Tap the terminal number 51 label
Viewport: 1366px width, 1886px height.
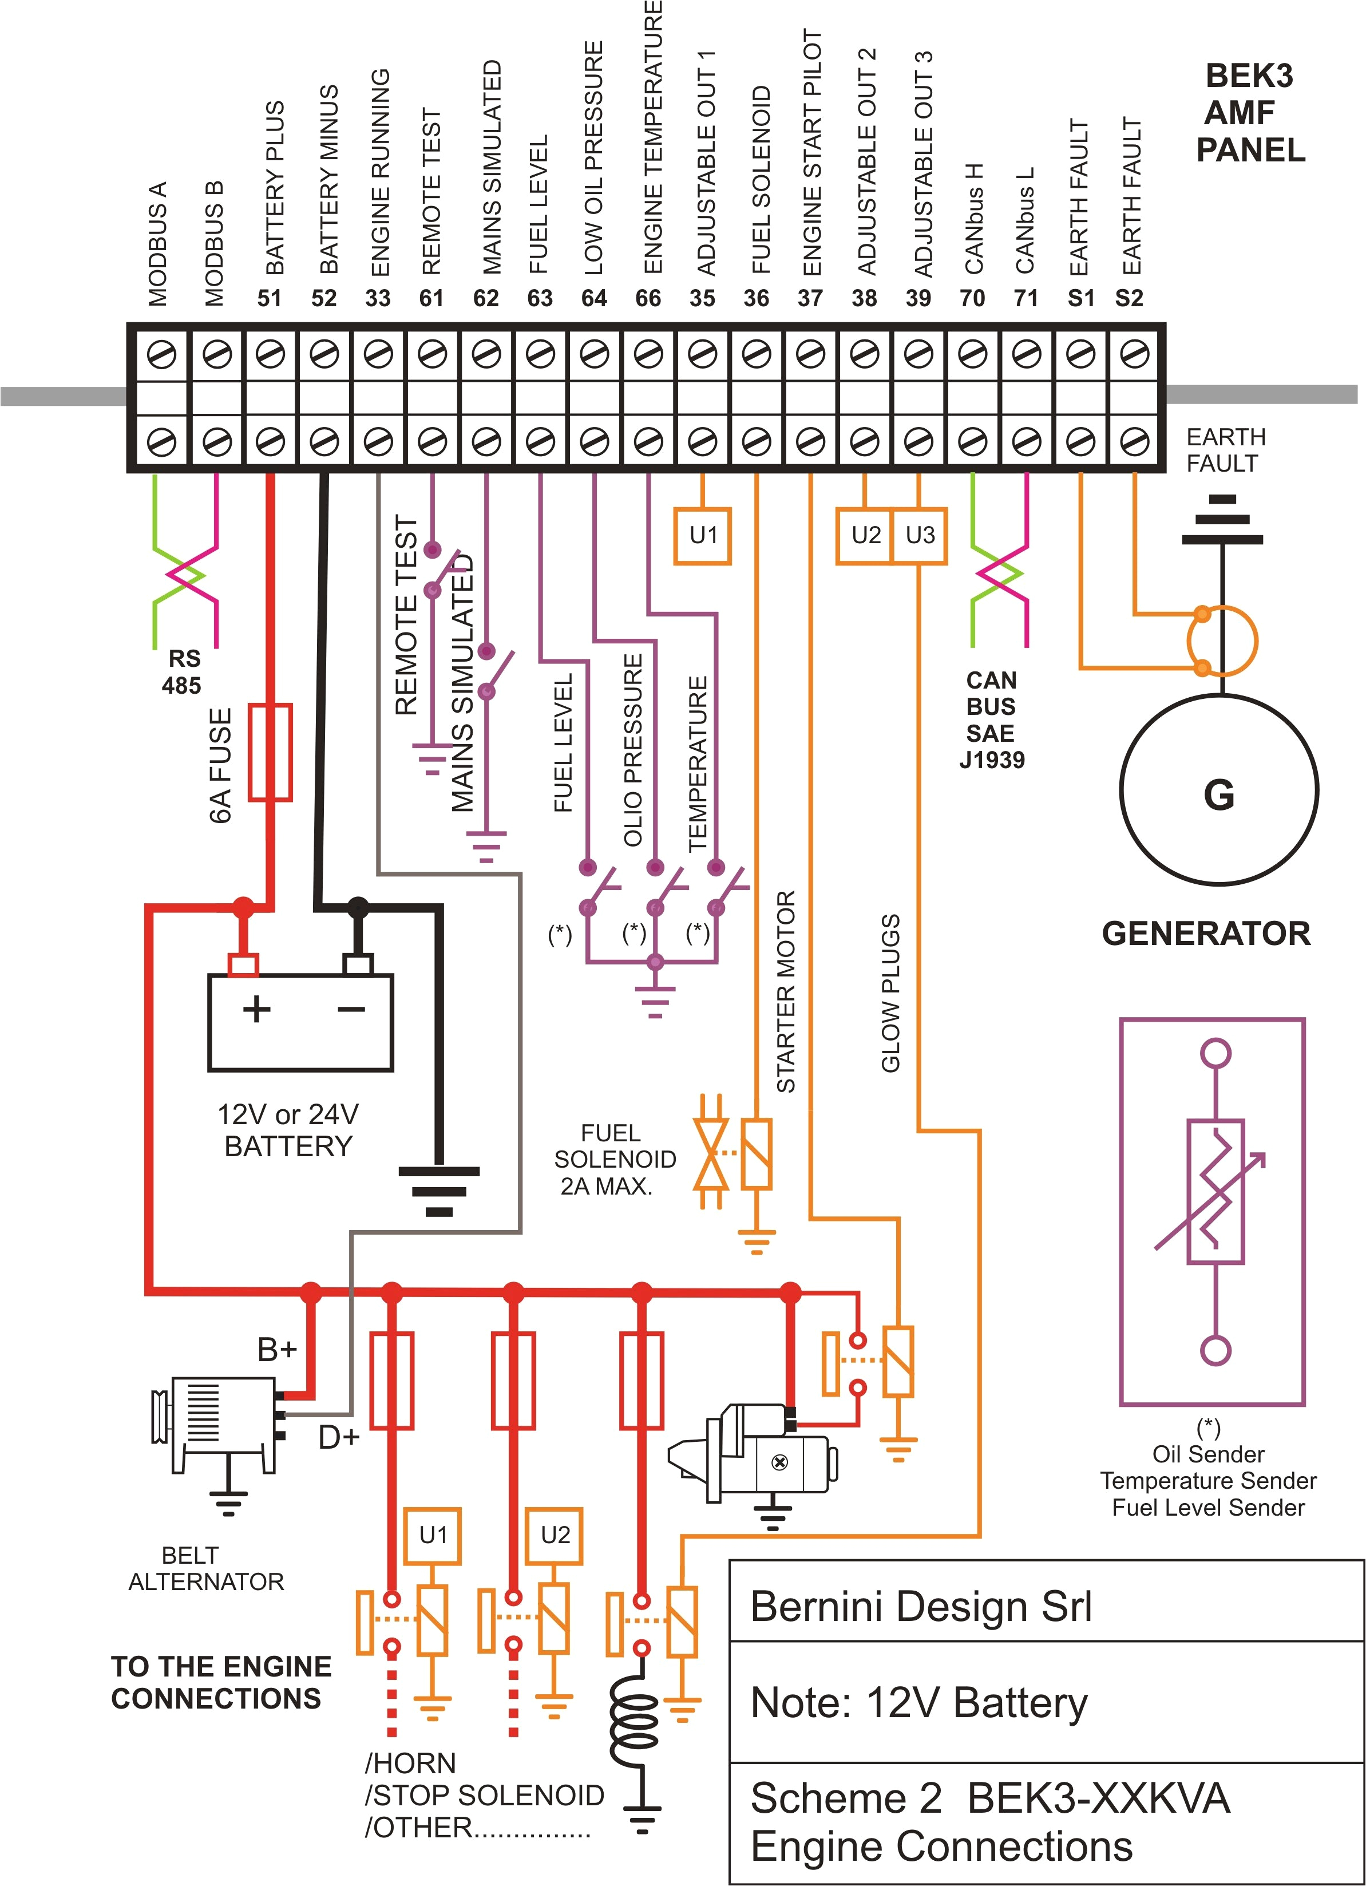(x=270, y=298)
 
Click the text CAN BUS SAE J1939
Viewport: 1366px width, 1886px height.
(x=991, y=719)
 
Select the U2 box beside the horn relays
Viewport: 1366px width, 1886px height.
(x=555, y=1534)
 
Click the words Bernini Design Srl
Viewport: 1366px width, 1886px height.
(x=920, y=1606)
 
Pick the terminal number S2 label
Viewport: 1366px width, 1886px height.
(x=1129, y=298)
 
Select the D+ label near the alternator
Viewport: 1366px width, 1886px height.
(x=338, y=1437)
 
